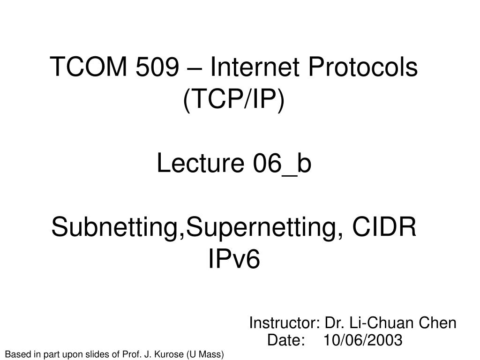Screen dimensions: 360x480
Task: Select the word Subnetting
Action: click(115, 229)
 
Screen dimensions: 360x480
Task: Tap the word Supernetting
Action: click(260, 229)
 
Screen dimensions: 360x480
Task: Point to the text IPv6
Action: click(233, 260)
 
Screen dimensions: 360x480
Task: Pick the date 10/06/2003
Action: click(363, 340)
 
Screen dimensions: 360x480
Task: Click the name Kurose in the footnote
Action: click(170, 354)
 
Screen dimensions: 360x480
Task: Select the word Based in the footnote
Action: click(15, 354)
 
